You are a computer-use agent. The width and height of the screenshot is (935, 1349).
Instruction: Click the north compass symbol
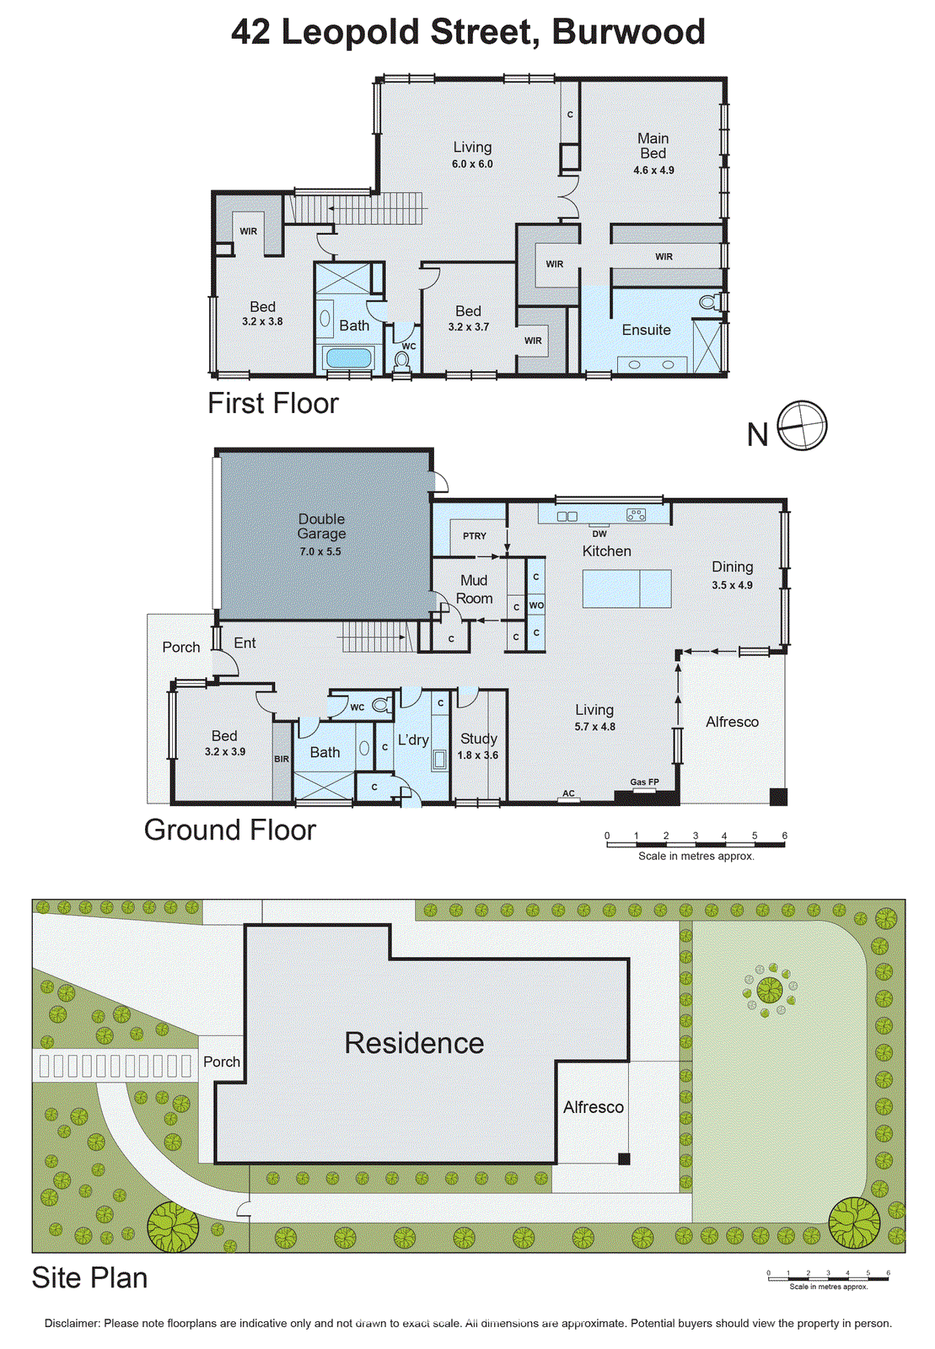(x=802, y=426)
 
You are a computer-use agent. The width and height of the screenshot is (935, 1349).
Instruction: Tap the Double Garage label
(x=321, y=526)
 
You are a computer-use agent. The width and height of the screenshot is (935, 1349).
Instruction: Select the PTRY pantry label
(x=475, y=536)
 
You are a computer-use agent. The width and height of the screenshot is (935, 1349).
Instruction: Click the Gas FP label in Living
(x=645, y=782)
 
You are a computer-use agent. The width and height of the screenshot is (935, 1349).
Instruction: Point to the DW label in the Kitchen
(x=599, y=534)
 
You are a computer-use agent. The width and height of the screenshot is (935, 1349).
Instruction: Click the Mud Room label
(x=474, y=589)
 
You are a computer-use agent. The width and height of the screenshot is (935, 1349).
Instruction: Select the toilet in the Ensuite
(x=710, y=302)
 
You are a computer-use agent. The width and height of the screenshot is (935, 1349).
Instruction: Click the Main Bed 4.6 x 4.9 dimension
(x=653, y=170)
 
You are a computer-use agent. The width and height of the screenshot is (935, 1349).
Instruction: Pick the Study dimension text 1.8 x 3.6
(x=477, y=755)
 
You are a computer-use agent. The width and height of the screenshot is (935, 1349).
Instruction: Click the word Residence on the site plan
(x=414, y=1044)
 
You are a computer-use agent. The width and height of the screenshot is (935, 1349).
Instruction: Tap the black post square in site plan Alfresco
(x=624, y=1159)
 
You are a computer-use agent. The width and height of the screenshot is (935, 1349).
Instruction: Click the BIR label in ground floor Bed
(x=282, y=760)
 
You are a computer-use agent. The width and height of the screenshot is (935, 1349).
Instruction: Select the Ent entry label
(x=244, y=643)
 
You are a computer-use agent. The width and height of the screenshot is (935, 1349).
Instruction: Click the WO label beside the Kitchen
(x=536, y=605)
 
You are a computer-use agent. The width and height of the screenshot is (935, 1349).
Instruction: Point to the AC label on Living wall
(x=568, y=793)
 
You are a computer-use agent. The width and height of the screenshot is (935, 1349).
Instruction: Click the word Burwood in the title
(x=628, y=32)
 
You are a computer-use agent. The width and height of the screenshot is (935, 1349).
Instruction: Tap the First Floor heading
(x=272, y=404)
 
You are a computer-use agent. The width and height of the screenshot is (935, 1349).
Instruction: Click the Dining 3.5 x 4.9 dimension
(x=732, y=585)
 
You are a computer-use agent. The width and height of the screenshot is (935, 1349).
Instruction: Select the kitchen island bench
(x=626, y=589)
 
